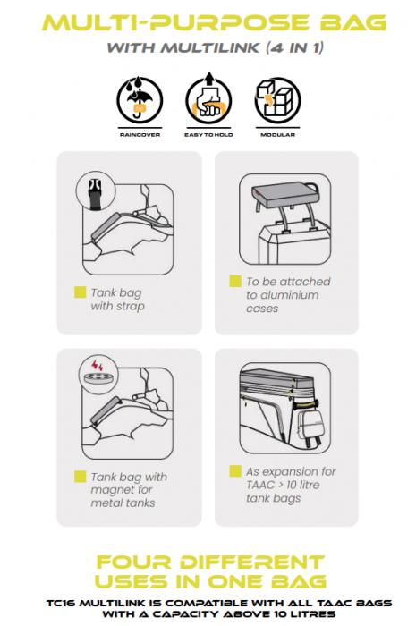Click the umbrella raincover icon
tap(140, 99)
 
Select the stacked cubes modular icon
tap(278, 100)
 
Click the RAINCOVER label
tap(140, 135)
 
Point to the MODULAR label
tap(278, 135)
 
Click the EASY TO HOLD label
tap(208, 135)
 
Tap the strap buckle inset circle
tap(95, 191)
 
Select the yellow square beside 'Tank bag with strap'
tap(81, 292)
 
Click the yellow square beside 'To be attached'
tap(235, 281)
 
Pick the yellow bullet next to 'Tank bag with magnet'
tap(81, 477)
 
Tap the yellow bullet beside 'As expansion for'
tap(235, 471)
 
